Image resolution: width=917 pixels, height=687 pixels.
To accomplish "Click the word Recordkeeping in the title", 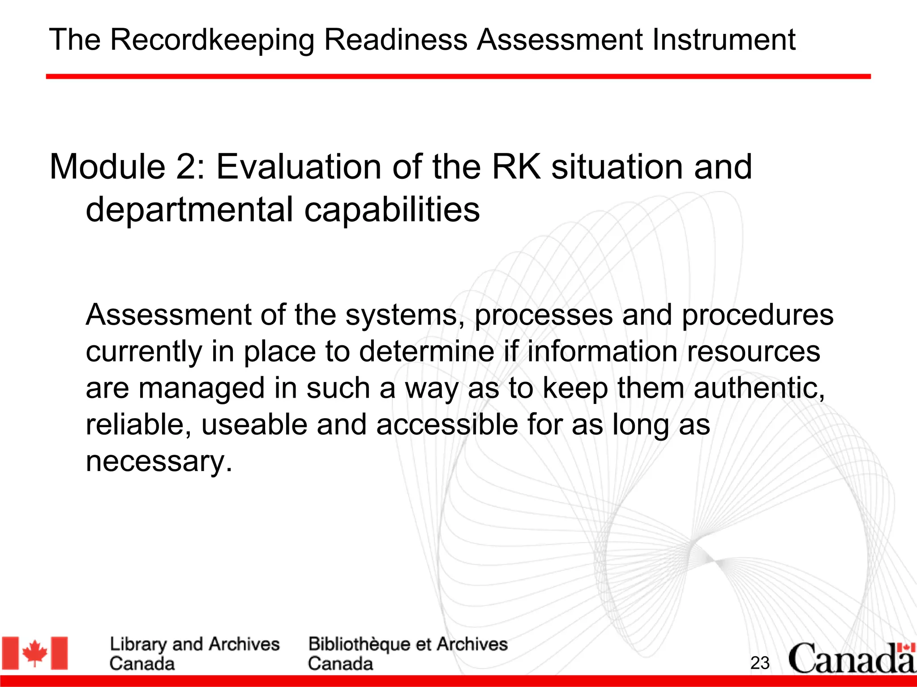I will (x=212, y=40).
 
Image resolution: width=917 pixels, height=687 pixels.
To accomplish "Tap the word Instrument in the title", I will (x=724, y=39).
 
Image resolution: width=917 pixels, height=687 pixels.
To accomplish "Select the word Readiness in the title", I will (x=395, y=39).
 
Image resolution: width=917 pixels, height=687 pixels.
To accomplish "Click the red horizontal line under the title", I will (x=458, y=77).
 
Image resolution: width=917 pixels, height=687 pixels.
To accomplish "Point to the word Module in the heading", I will (x=107, y=167).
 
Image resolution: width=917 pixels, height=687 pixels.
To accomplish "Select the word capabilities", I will (x=392, y=210).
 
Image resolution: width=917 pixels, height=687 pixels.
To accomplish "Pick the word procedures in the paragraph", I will (x=757, y=316).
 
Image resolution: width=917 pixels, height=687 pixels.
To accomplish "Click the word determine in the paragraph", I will (x=426, y=351).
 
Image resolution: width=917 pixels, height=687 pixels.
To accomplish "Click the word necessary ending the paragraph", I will (x=159, y=462).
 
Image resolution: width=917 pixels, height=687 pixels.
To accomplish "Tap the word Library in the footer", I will (x=137, y=645).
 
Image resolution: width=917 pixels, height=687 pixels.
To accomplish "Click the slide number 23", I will (x=760, y=663).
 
